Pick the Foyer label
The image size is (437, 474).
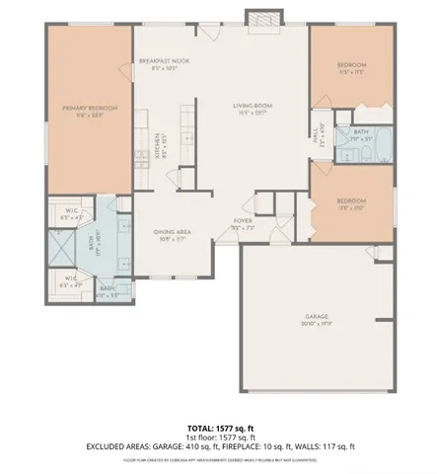(243, 223)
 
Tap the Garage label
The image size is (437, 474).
(317, 319)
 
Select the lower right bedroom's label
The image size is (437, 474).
(352, 203)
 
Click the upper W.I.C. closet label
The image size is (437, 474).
(72, 215)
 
